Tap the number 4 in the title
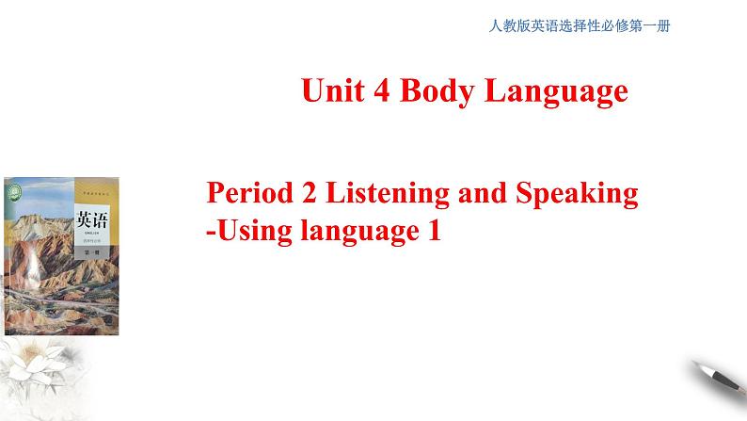coord(387,91)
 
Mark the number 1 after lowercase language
coord(434,230)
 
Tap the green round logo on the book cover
coord(16,189)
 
